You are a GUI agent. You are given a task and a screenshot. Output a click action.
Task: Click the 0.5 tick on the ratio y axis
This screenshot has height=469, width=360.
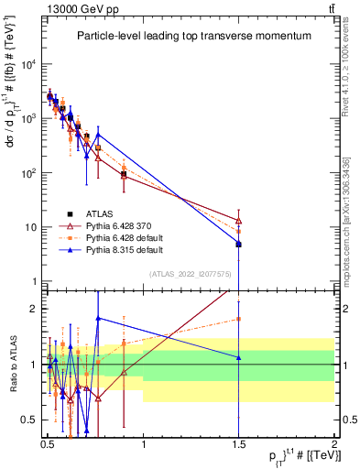click(x=30, y=420)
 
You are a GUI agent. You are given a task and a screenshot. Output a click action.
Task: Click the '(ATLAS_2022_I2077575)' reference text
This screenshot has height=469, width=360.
click(x=190, y=273)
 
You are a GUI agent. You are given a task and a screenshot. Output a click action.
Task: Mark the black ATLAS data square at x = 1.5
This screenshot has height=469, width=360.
click(x=239, y=245)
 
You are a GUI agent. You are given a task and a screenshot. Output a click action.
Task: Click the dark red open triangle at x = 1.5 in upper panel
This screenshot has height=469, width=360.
click(x=239, y=221)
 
